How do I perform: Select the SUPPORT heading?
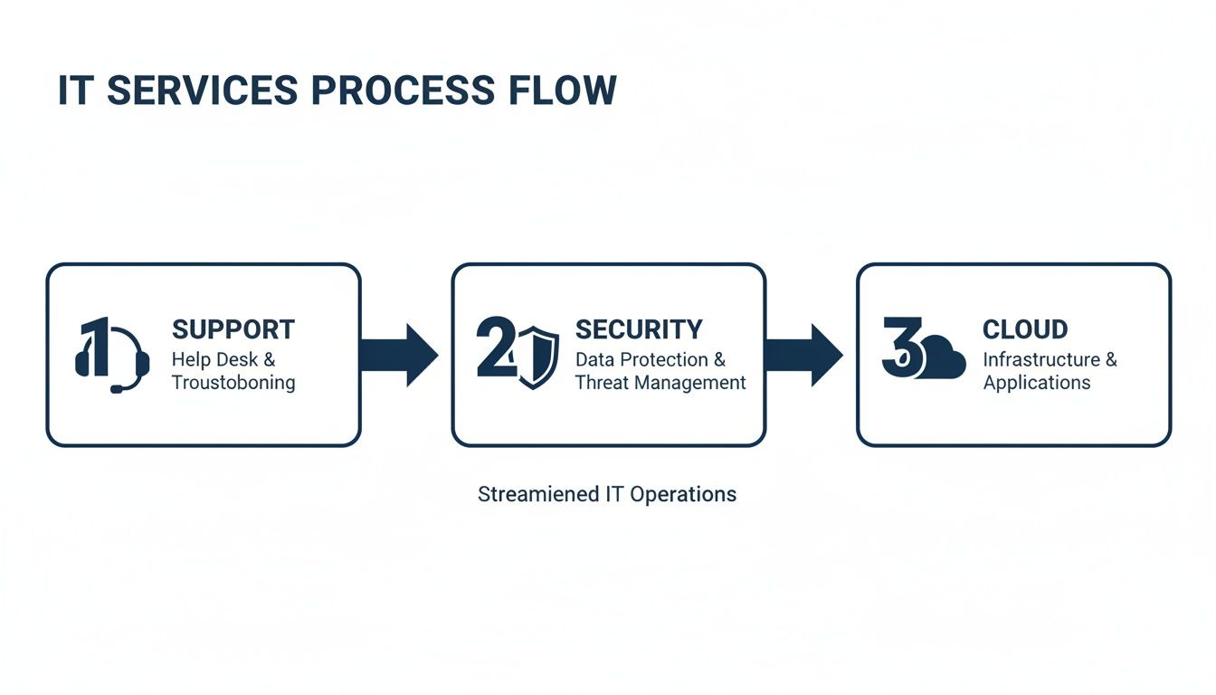point(233,329)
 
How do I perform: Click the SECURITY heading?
point(638,329)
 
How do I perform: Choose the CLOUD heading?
point(1024,329)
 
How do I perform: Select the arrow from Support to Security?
point(398,355)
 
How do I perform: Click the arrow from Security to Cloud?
point(803,355)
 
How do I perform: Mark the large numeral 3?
point(899,348)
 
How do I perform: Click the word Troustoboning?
point(233,383)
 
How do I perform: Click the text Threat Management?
point(660,383)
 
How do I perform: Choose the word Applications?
point(1036,383)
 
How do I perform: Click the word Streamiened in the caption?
point(538,495)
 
